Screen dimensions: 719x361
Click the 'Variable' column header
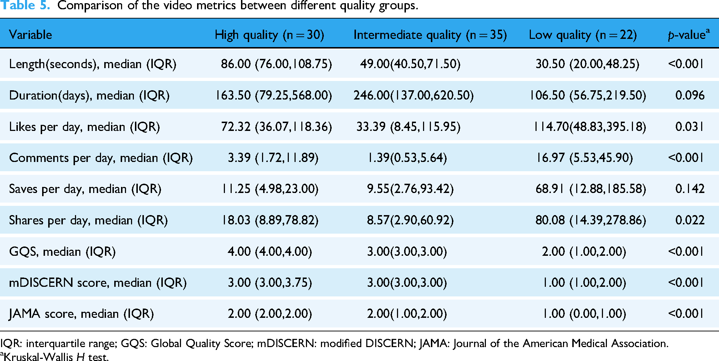[30, 35]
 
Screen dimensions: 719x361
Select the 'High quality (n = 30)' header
[270, 35]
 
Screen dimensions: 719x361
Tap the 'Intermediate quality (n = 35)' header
[430, 35]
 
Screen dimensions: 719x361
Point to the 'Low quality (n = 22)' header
[583, 35]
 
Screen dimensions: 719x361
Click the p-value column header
[689, 35]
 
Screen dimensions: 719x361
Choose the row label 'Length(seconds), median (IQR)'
[93, 64]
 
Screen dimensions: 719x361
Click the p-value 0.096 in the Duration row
[690, 95]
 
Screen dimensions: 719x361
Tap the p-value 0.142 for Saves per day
[690, 189]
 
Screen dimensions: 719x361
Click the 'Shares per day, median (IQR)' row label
[88, 220]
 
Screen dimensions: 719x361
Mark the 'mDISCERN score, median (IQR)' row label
[98, 283]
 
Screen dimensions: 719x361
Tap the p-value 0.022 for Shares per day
[690, 220]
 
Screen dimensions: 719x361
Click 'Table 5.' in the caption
[25, 5]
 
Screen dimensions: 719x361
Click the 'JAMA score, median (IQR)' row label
[81, 314]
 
